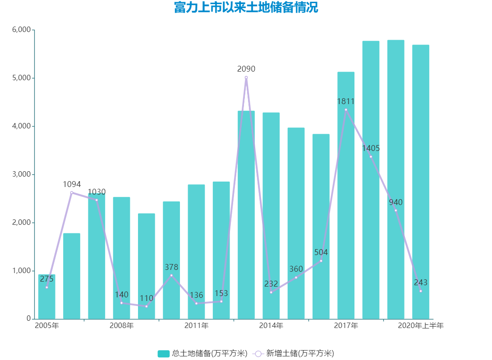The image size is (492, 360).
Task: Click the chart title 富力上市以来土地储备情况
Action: [246, 8]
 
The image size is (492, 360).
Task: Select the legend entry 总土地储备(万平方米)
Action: [202, 353]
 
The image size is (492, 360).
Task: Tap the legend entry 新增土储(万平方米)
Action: [294, 353]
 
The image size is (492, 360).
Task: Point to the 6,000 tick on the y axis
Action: [21, 30]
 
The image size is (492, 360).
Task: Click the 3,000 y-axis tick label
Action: [21, 174]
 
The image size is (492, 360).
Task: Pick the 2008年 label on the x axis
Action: [121, 325]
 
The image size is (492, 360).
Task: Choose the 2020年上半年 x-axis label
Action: [420, 325]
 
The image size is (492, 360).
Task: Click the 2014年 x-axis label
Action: [271, 325]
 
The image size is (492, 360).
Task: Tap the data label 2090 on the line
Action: [246, 69]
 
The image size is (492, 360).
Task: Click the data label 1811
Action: [346, 101]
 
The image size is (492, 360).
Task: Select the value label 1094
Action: [72, 184]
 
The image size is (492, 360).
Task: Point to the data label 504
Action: [321, 252]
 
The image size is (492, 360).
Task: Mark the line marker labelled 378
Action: [171, 275]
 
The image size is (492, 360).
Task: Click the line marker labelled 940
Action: [396, 210]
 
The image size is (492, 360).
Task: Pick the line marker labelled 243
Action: [421, 291]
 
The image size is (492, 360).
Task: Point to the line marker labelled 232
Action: [271, 292]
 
